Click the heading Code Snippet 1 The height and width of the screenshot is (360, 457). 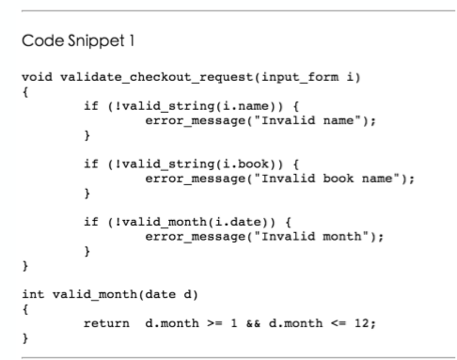coord(78,41)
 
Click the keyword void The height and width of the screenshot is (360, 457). coord(37,77)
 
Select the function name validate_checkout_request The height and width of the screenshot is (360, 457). coord(157,77)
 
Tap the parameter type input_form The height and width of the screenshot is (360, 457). coord(300,77)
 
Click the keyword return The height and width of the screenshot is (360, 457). coord(106,323)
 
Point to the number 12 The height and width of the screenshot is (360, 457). coord(362,323)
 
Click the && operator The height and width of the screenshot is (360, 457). coord(253,323)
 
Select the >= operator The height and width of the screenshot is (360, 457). coord(214,323)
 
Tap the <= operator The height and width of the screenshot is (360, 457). coord(339,323)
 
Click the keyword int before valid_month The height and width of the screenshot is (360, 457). coord(33,294)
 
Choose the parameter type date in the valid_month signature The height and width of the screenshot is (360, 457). coord(160,294)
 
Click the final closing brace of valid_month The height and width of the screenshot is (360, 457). coord(25,338)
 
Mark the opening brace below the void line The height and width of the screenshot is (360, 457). coord(25,92)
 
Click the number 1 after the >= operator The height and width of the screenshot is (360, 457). coord(234,323)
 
